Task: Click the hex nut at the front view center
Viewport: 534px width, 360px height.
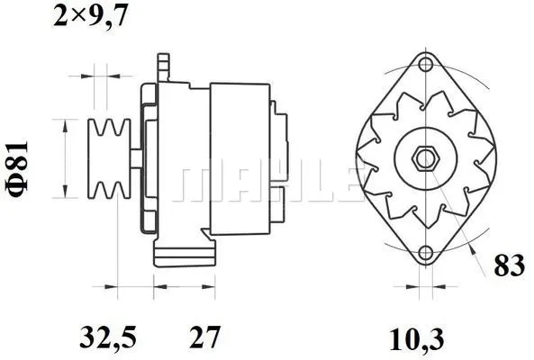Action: coord(423,160)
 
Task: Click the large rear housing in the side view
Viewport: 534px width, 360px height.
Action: coord(239,158)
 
